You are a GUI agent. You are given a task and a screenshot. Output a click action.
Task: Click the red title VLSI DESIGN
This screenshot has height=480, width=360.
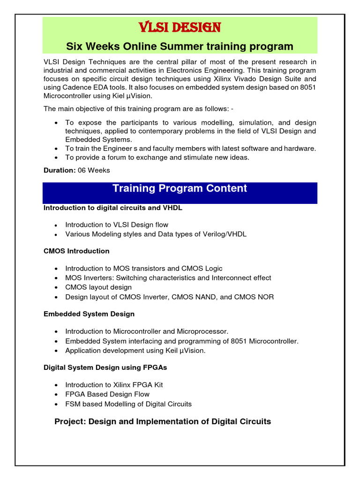pos(180,28)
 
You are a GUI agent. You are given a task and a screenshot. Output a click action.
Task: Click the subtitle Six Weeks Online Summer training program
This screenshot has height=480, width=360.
pos(180,46)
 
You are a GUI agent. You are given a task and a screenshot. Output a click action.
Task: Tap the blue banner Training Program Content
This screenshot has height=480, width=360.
pos(180,188)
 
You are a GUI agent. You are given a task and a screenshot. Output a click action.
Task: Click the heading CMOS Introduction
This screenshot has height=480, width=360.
pos(76,251)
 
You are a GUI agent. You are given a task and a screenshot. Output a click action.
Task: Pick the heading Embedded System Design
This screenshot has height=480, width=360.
pos(89,314)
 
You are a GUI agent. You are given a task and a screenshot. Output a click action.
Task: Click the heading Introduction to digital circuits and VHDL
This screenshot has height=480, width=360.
pos(113,208)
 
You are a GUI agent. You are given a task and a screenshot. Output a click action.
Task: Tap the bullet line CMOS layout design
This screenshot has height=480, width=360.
pos(98,287)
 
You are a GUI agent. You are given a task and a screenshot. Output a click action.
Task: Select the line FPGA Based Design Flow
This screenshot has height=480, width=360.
pos(107,394)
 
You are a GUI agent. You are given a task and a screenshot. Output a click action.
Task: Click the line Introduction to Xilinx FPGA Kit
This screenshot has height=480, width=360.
pos(114,385)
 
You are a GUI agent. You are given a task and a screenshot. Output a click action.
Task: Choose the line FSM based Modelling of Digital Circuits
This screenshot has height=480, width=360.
pos(128,404)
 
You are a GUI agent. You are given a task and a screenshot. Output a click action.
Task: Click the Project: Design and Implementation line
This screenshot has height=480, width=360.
pos(163,421)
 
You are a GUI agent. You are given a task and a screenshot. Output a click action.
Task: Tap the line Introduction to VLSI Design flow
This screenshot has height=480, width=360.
pos(117,225)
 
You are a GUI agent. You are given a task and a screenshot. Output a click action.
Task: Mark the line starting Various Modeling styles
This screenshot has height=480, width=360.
pos(156,234)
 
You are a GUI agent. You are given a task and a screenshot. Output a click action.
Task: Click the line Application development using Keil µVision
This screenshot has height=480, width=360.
pos(135,351)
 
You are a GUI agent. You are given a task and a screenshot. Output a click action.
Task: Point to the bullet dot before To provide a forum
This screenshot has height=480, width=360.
pos(56,158)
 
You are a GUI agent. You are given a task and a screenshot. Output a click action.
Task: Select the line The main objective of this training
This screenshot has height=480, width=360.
pos(138,109)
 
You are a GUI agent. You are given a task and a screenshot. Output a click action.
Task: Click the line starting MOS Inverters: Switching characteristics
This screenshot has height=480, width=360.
pos(168,278)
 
